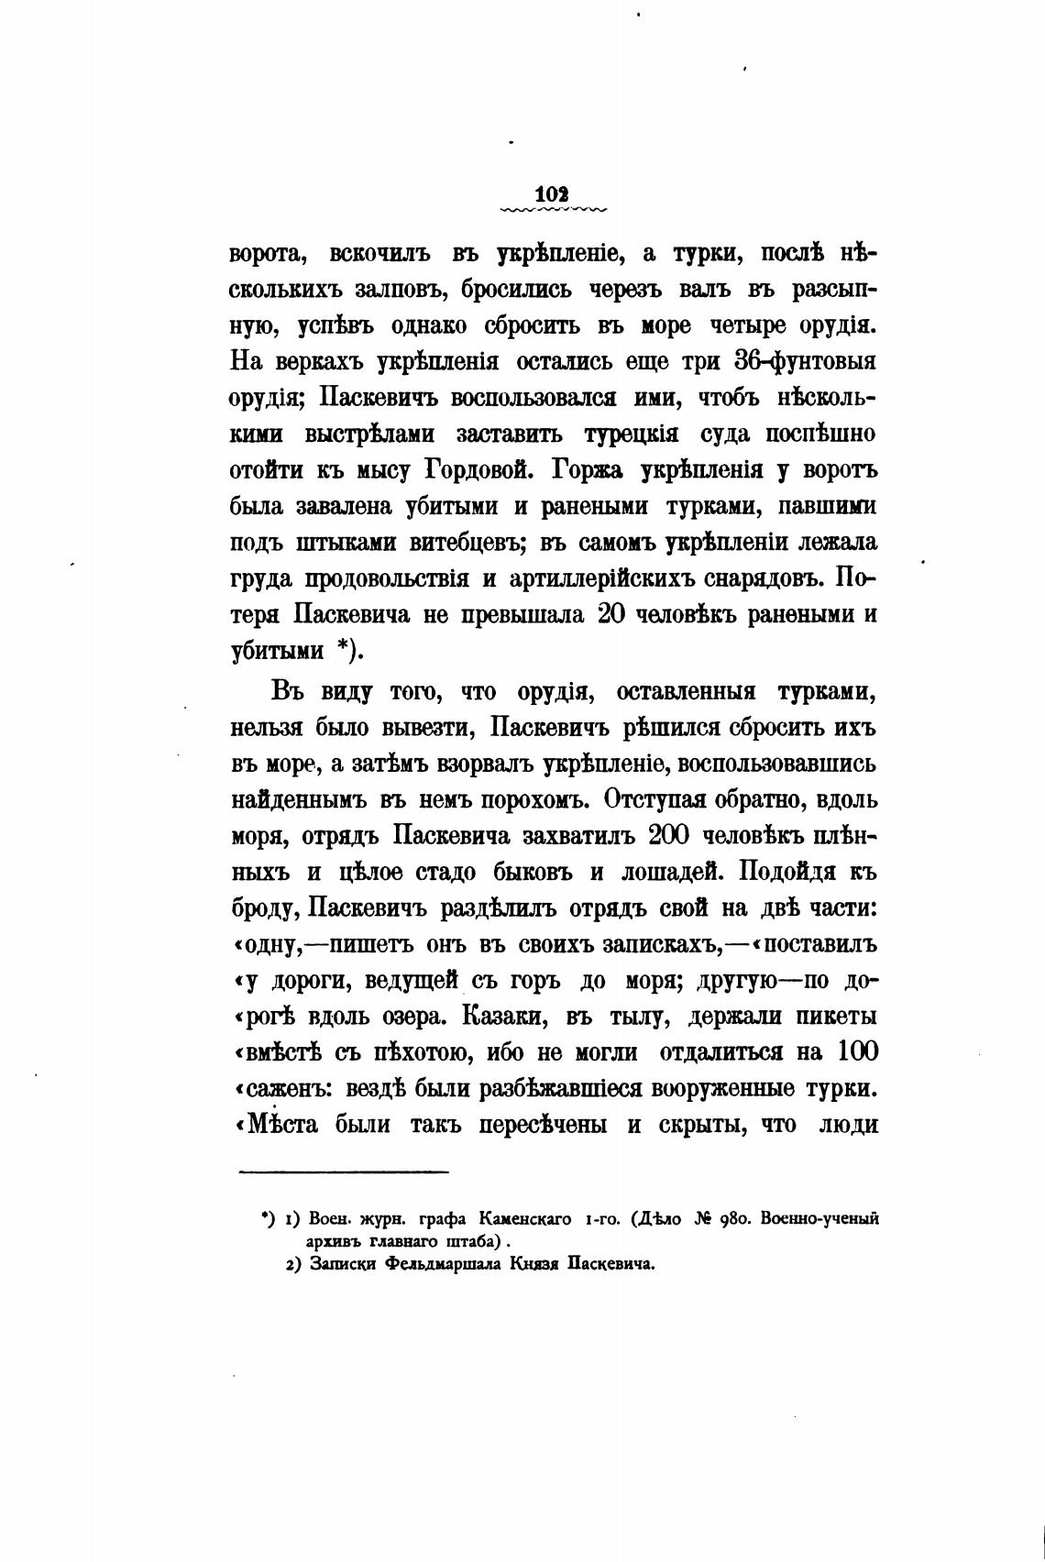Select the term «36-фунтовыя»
[x=807, y=361]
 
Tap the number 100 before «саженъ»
[x=856, y=1051]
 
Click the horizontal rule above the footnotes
[x=344, y=1171]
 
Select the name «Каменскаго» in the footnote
[x=522, y=1219]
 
